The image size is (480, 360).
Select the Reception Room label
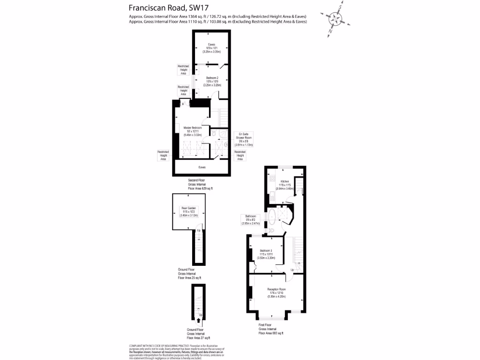pos(277,292)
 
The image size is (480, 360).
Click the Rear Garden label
pos(189,211)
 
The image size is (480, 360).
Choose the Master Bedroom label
pos(193,131)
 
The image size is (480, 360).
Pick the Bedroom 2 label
pos(212,81)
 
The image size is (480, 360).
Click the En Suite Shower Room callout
pos(243,139)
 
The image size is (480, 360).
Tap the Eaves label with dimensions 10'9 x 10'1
pos(211,48)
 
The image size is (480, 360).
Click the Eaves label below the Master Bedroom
pos(202,167)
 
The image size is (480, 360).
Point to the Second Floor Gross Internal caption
pos(200,184)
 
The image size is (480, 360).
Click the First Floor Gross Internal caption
pos(271,329)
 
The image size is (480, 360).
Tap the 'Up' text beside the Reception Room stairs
pos(293,270)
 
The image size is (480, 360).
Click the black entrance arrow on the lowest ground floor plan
pos(199,321)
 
